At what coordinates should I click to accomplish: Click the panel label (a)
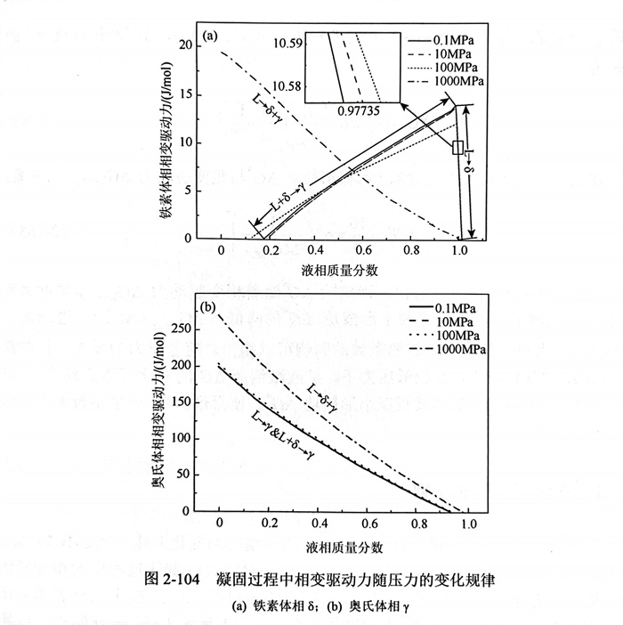click(x=211, y=37)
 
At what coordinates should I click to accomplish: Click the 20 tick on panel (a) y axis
click(x=187, y=45)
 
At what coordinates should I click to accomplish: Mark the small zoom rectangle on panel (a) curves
click(x=457, y=147)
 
